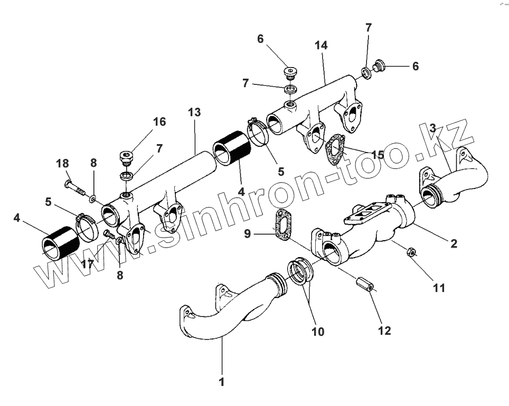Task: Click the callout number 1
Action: [x=222, y=382]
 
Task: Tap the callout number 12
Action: [x=384, y=331]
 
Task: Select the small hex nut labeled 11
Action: [x=411, y=253]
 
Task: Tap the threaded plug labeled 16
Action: [x=126, y=157]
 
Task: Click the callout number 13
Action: [x=194, y=112]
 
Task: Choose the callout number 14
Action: [x=321, y=45]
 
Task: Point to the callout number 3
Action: [x=433, y=129]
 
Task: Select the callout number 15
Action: [x=378, y=155]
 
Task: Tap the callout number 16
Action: [x=159, y=122]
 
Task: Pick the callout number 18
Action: [x=62, y=164]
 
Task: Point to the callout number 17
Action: [x=88, y=263]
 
